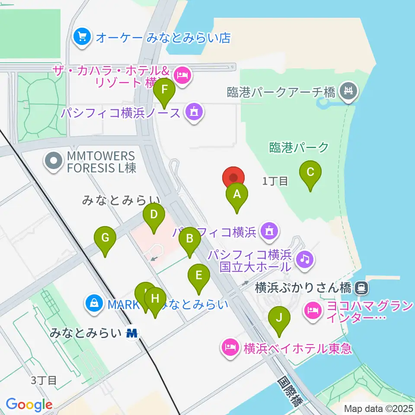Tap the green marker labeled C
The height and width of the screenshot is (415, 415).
310,172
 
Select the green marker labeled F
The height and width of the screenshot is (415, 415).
164,90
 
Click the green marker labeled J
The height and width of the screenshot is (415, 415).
279,318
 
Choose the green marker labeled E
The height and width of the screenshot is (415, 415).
198,275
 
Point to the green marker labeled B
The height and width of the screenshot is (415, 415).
189,238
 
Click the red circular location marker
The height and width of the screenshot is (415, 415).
233,178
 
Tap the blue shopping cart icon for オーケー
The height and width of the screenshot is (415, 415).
82,38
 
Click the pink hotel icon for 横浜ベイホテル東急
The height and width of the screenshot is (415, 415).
230,347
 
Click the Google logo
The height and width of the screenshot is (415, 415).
29,405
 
